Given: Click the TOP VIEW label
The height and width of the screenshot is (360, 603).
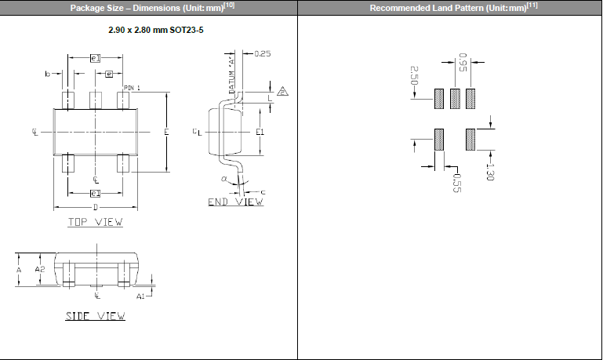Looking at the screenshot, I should (95, 222).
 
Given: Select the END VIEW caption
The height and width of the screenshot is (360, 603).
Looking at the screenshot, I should (235, 202).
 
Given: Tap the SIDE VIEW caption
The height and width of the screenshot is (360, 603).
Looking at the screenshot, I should (95, 316).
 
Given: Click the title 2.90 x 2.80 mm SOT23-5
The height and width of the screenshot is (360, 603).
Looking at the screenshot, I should (150, 29).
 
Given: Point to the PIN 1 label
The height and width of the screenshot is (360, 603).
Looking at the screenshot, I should (132, 88).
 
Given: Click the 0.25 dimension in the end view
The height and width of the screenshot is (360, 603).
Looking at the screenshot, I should (263, 54).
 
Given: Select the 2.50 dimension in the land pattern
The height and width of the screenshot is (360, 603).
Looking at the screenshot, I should (413, 75).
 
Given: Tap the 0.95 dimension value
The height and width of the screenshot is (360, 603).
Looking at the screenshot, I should (463, 62).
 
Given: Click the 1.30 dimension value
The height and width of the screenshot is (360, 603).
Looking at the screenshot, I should (489, 171).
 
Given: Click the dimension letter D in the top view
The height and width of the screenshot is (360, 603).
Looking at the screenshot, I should (95, 207).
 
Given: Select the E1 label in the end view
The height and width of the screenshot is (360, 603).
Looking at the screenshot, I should (260, 133).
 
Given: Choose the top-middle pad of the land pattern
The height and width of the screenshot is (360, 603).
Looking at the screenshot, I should (455, 99).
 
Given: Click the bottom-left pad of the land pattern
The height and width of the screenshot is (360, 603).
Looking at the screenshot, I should (439, 140).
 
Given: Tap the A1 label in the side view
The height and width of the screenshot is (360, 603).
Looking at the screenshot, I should (140, 297).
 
